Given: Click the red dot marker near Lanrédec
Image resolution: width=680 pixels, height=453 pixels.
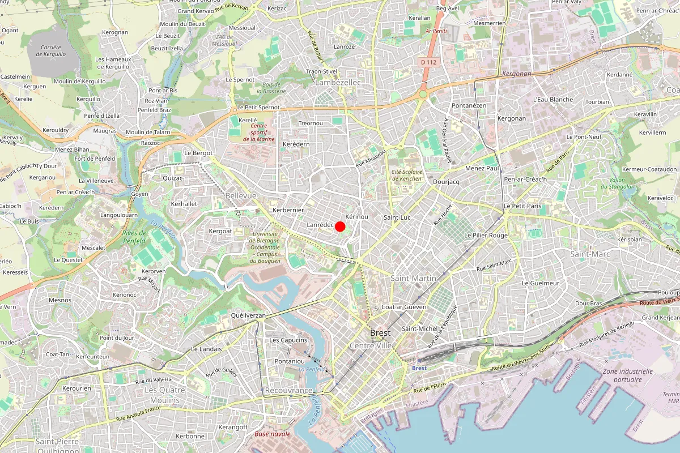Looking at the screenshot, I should pyautogui.click(x=340, y=226).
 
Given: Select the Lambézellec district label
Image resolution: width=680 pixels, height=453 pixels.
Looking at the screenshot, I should pyautogui.click(x=338, y=82).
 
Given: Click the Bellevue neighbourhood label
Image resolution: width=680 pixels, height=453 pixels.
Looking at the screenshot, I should pyautogui.click(x=241, y=195).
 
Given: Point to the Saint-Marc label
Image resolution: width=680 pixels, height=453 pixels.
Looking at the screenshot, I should pyautogui.click(x=590, y=254).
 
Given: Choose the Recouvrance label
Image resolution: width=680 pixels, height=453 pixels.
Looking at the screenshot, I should pyautogui.click(x=288, y=391).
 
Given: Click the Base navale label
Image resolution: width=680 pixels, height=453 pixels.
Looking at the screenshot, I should pyautogui.click(x=273, y=434).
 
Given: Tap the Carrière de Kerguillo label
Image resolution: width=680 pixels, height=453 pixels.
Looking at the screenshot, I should pyautogui.click(x=50, y=51).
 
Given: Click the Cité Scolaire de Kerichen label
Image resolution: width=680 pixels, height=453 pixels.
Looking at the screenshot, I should pyautogui.click(x=406, y=175).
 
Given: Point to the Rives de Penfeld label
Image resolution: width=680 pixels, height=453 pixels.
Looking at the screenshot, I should pyautogui.click(x=134, y=237).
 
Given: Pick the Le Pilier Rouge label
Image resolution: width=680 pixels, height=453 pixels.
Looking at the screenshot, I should pyautogui.click(x=486, y=235).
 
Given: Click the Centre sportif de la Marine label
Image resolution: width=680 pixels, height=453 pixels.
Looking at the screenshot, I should pyautogui.click(x=258, y=133).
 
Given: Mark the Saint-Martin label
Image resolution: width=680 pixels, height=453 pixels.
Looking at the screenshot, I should pyautogui.click(x=413, y=278).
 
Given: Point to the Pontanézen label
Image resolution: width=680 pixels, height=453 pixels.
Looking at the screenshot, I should pyautogui.click(x=469, y=106).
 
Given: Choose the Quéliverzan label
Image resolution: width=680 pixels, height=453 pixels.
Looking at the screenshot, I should pyautogui.click(x=248, y=314).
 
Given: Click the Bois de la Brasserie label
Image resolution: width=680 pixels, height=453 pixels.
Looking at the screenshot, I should pyautogui.click(x=271, y=87).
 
